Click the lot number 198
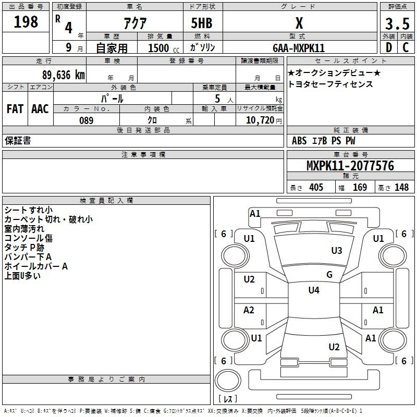[26, 22]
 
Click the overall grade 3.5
[397, 24]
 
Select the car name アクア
[135, 23]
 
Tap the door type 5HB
[202, 23]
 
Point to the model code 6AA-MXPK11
[299, 48]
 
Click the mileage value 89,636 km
[64, 75]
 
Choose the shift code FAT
[15, 109]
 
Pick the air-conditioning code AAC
[40, 109]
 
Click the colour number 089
[87, 120]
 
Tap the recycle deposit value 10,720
[260, 120]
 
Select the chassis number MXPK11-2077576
[350, 166]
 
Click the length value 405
[316, 187]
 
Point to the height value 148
[401, 187]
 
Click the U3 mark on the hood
[337, 251]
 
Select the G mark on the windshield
[329, 275]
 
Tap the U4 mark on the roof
[314, 290]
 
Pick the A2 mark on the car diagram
[249, 310]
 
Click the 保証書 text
[18, 141]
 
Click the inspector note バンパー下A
[28, 257]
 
